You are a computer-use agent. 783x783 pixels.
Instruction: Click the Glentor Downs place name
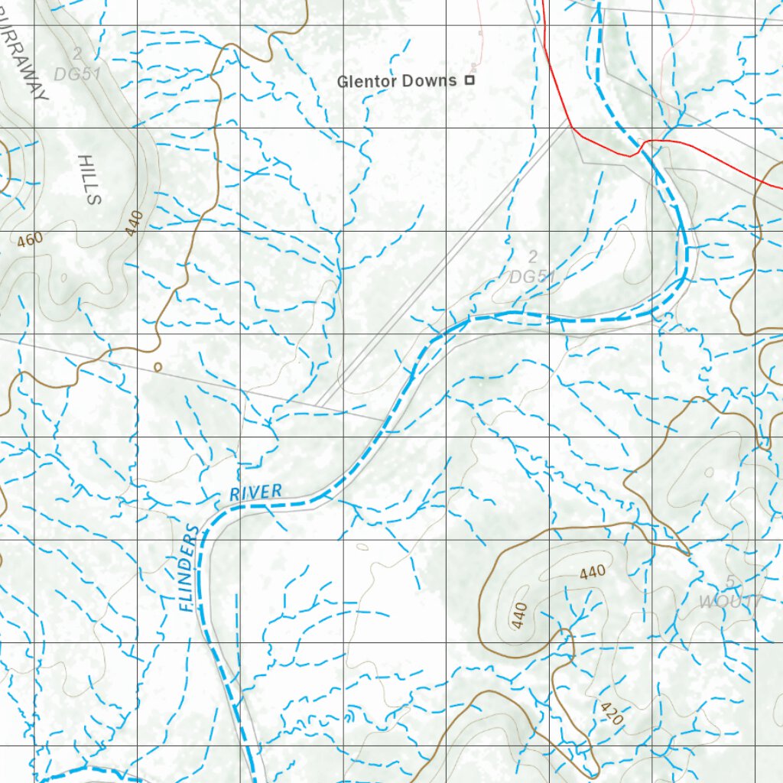397,81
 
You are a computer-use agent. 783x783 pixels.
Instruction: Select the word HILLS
89,180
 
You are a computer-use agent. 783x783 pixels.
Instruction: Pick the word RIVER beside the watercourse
256,492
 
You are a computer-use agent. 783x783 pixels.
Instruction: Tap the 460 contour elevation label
31,240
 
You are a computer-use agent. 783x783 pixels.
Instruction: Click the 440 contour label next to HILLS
135,223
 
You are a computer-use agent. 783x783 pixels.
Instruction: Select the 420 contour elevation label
612,713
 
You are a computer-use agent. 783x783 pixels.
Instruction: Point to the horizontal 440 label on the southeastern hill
593,570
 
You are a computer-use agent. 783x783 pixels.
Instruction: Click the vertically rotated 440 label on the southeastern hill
519,616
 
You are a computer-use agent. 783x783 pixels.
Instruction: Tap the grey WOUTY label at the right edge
730,602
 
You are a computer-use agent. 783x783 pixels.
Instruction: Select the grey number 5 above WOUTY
730,583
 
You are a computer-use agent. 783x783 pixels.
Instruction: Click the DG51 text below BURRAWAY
77,73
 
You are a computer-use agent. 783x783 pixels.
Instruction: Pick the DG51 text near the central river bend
532,276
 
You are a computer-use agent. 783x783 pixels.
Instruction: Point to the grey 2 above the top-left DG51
77,54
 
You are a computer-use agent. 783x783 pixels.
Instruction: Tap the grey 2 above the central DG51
533,257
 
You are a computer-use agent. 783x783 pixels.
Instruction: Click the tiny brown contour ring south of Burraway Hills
158,367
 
